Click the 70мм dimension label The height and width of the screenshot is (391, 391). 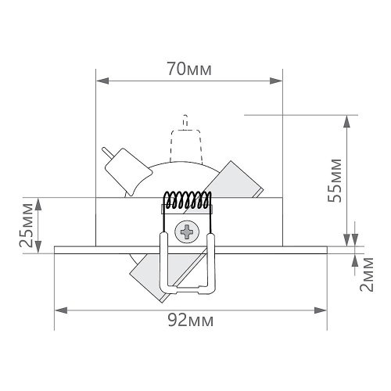pos(189,69)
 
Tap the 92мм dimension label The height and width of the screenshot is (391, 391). pos(191,320)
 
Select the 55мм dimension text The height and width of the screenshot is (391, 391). pos(335,181)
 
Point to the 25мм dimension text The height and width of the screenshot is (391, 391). pos(27,225)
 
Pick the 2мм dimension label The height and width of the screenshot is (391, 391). pos(367,274)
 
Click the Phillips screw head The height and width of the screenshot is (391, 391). pos(187,231)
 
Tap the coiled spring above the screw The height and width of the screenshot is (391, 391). pos(187,200)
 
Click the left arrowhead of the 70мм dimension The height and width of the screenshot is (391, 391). pos(102,81)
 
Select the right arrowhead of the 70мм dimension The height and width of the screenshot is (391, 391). pos(276,81)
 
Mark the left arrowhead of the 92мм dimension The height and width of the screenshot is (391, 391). pos(61,310)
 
